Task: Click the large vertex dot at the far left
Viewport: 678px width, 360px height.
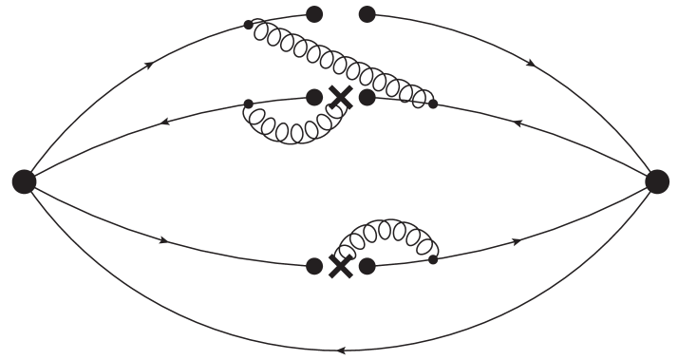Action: [24, 181]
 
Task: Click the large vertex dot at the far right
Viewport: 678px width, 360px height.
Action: [656, 181]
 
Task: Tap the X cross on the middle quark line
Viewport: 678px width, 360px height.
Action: [340, 97]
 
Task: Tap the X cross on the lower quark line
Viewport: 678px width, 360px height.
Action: [339, 267]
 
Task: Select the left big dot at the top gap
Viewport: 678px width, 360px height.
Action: [315, 13]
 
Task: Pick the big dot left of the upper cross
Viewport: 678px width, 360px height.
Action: [315, 97]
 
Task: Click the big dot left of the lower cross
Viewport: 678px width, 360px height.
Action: [315, 267]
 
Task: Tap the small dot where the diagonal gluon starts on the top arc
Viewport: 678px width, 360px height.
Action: [249, 24]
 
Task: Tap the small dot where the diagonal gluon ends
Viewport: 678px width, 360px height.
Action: [433, 104]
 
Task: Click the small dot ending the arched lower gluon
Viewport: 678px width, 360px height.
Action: [433, 259]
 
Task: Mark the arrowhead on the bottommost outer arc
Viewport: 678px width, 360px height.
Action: [340, 351]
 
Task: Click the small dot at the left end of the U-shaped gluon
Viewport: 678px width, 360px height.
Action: [249, 104]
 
